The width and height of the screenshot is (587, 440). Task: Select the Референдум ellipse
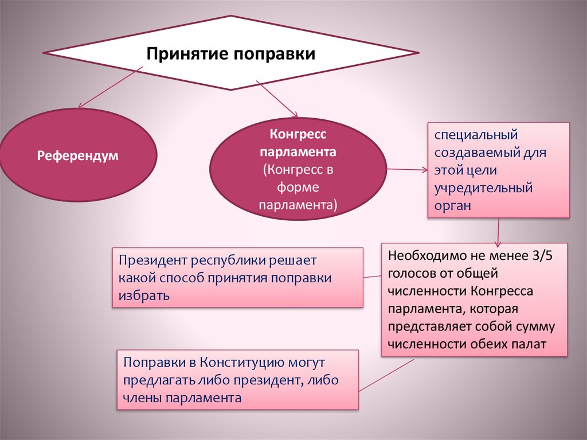click(x=78, y=155)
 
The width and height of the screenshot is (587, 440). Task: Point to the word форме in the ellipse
click(x=298, y=188)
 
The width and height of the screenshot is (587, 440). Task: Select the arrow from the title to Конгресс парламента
click(x=276, y=99)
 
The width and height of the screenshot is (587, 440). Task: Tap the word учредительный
click(x=483, y=188)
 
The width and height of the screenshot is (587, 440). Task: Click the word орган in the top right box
click(x=452, y=206)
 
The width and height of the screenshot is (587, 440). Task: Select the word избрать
click(x=144, y=297)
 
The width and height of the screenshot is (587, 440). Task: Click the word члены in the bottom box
click(x=141, y=398)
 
